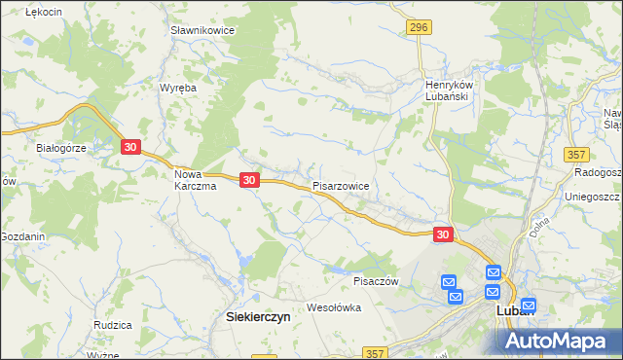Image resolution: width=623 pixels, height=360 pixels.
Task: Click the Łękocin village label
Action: (x=44, y=11)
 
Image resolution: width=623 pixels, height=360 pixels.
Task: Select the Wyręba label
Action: (x=178, y=88)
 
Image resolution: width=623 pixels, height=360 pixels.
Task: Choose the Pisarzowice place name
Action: (x=341, y=184)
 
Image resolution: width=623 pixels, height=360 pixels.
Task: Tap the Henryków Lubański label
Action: (x=448, y=90)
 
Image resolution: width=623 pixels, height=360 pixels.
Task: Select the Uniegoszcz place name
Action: (x=592, y=196)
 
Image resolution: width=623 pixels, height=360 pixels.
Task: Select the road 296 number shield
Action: (x=419, y=27)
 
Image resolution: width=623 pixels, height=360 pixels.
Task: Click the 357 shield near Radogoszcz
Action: (x=576, y=155)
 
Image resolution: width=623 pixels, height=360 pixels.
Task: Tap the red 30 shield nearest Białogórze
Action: (x=131, y=147)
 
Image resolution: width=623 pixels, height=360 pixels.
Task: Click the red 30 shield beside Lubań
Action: (x=443, y=234)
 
